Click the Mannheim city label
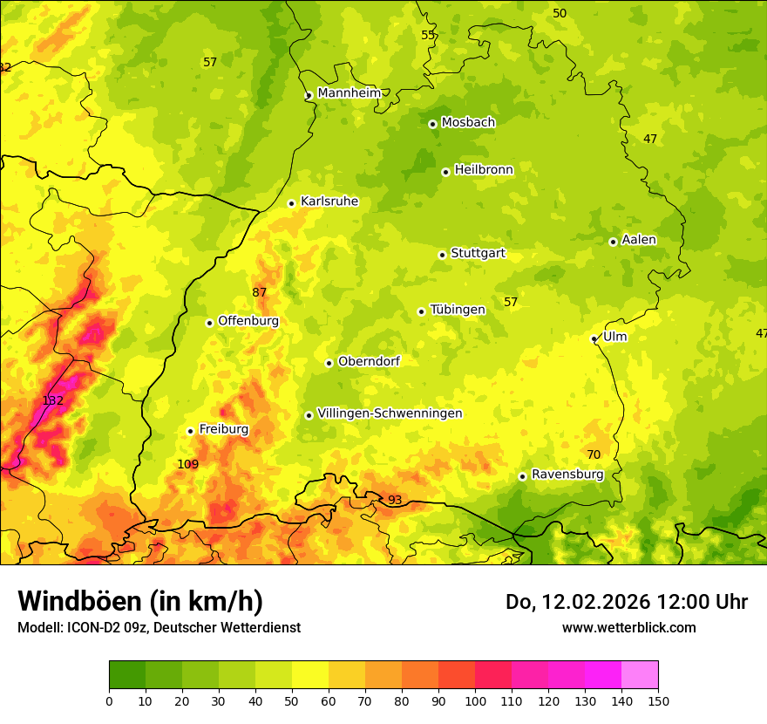pos(349,93)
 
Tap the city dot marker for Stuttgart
pos(442,255)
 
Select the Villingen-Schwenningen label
pos(390,413)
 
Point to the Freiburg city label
pos(223,429)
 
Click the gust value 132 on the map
pos(53,400)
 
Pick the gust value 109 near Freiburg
pos(187,464)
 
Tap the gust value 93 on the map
pos(395,500)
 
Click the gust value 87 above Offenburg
pos(260,292)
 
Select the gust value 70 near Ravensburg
pos(594,454)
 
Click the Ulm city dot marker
pos(594,338)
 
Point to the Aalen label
pos(639,240)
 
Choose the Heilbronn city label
pos(484,170)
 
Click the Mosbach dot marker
pos(432,124)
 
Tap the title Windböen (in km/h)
pos(140,601)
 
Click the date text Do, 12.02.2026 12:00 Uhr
pos(626,602)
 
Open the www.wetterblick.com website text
pos(628,627)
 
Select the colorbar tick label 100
pos(475,700)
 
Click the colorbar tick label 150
pos(658,700)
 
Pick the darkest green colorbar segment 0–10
pos(127,674)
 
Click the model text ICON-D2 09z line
pos(159,627)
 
